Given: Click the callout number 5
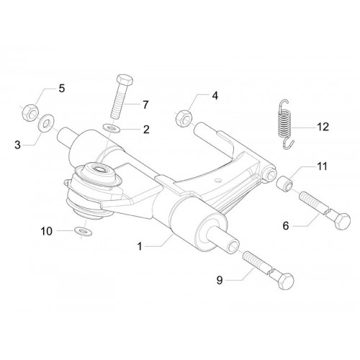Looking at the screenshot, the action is [62, 89].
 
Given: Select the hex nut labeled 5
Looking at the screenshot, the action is [30, 113].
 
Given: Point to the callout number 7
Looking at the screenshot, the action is [145, 105].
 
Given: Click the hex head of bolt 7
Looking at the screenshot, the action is [125, 80].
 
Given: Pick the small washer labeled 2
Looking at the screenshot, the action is [112, 128].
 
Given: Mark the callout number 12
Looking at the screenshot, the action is [323, 127].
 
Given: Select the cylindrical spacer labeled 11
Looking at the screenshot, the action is [284, 184].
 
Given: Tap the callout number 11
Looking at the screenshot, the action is [322, 166].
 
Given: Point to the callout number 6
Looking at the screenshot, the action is [286, 225].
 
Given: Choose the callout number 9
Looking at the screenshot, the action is [220, 280].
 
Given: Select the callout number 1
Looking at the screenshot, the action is [140, 246].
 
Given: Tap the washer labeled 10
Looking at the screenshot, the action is [83, 231].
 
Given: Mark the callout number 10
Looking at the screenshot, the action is [47, 231].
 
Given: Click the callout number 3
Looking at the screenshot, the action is [17, 145].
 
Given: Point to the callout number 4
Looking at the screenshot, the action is [215, 96].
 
